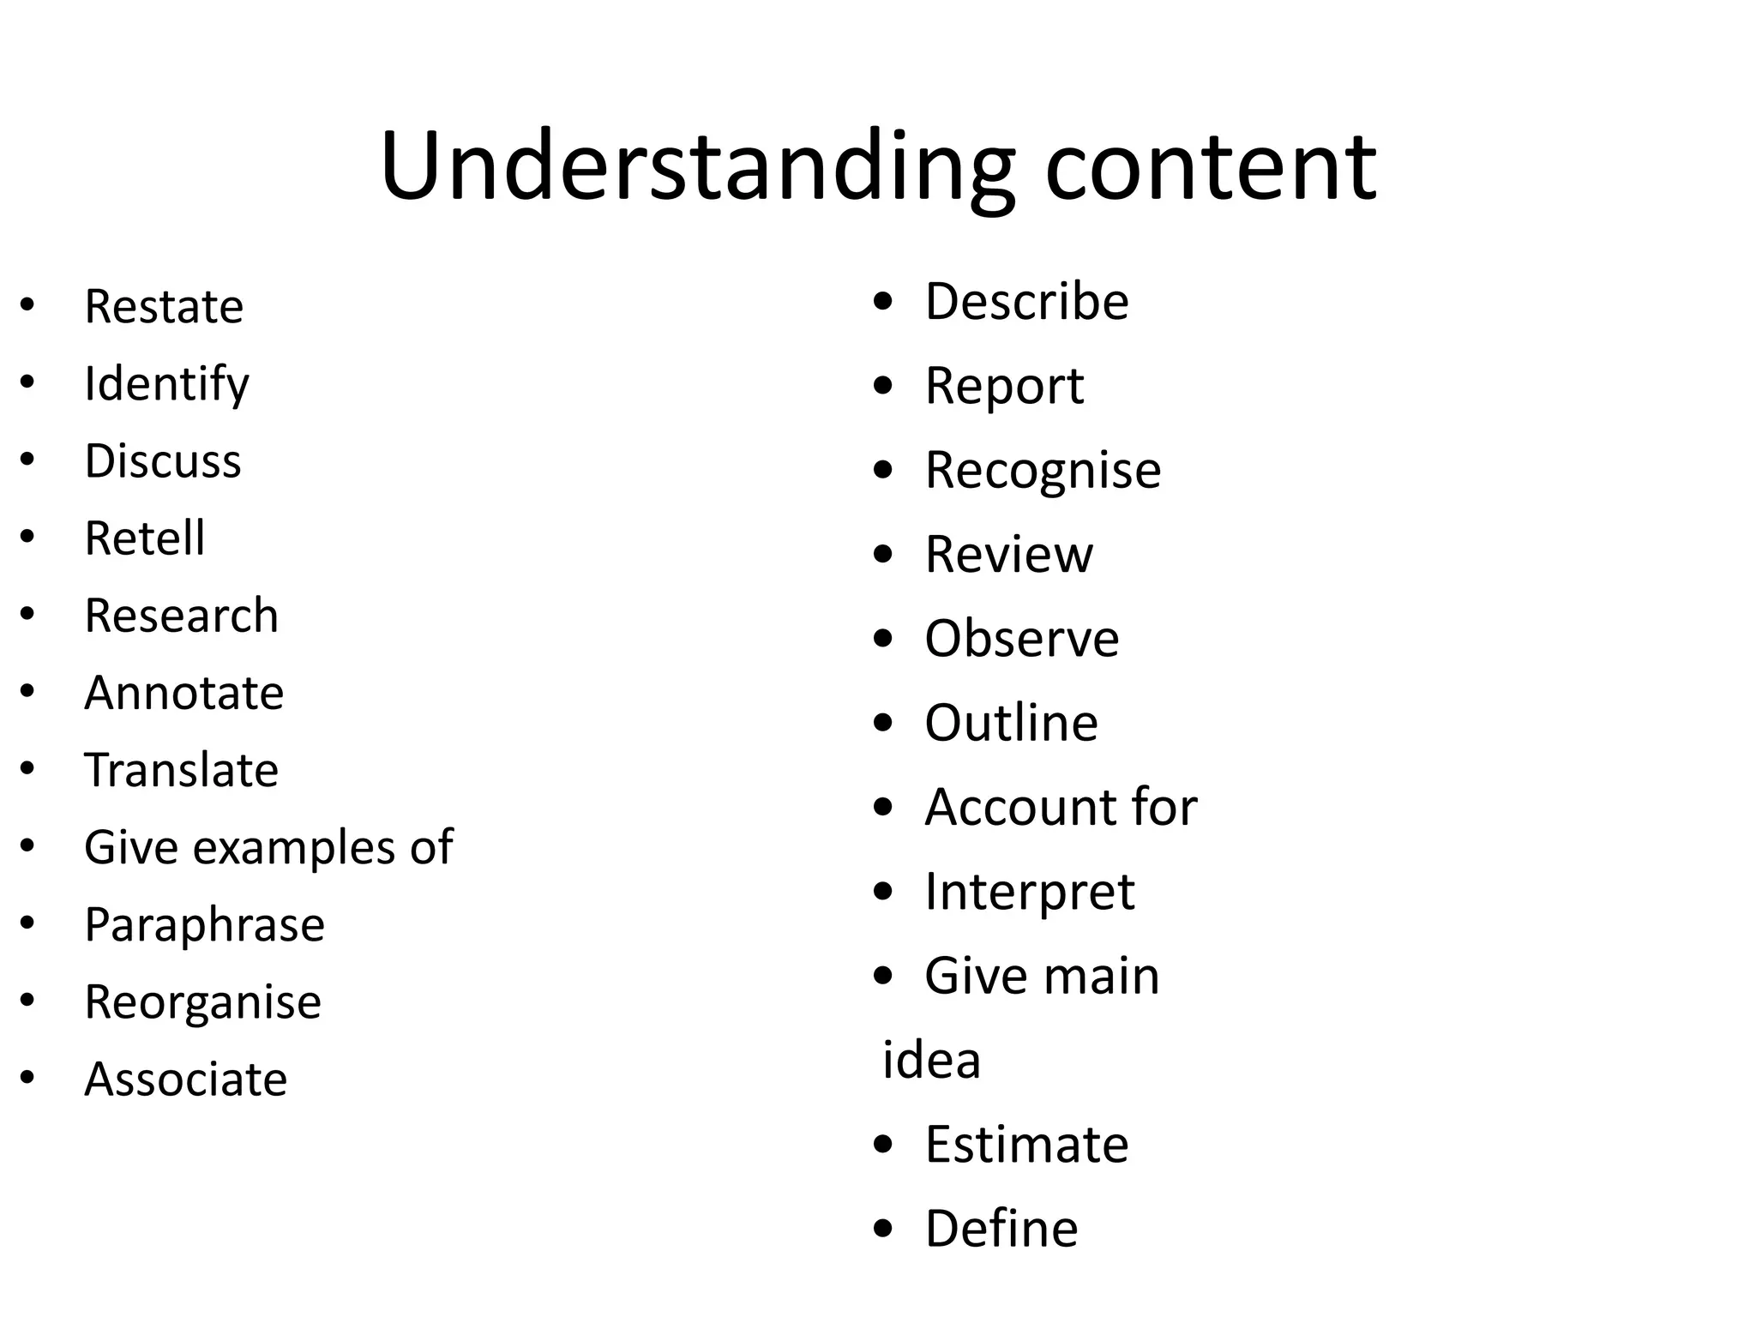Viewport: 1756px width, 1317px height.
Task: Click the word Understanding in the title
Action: pyautogui.click(x=696, y=167)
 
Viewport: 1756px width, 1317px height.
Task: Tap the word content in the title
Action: pyautogui.click(x=1211, y=167)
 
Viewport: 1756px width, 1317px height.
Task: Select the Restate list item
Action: pyautogui.click(x=164, y=307)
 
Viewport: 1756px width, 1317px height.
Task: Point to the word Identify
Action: pyautogui.click(x=166, y=384)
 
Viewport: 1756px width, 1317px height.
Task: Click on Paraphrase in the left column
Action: pyautogui.click(x=204, y=925)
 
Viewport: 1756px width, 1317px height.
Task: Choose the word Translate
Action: pyautogui.click(x=181, y=770)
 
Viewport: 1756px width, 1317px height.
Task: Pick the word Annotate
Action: pyautogui.click(x=183, y=693)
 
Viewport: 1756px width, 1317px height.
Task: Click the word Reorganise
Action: pyautogui.click(x=202, y=1001)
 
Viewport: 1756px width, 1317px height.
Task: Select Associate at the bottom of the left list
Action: pyautogui.click(x=185, y=1079)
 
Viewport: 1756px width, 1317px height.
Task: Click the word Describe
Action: pyautogui.click(x=1026, y=302)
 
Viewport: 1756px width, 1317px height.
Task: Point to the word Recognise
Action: pyautogui.click(x=1043, y=471)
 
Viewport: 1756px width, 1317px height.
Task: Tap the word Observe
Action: pyautogui.click(x=1021, y=639)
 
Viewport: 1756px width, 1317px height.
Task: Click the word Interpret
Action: pyautogui.click(x=1029, y=893)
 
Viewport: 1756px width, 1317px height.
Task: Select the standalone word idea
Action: pyautogui.click(x=931, y=1061)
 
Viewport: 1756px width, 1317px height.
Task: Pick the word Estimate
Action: pyautogui.click(x=1026, y=1145)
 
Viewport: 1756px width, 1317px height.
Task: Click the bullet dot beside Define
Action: pyautogui.click(x=883, y=1229)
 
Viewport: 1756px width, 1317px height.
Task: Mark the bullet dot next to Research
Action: pyautogui.click(x=27, y=614)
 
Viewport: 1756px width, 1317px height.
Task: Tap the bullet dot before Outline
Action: pyautogui.click(x=883, y=723)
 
